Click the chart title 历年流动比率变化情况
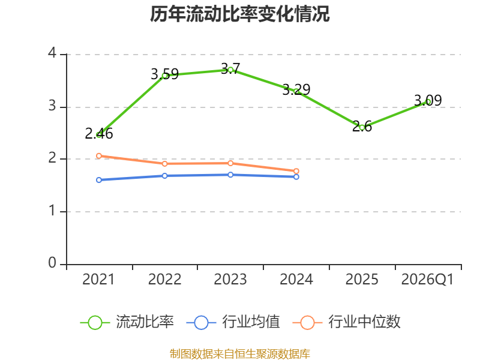click(x=239, y=14)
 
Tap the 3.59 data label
click(x=164, y=74)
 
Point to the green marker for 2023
click(x=230, y=70)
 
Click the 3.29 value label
click(x=296, y=89)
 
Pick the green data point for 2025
click(x=362, y=128)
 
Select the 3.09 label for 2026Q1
click(x=428, y=100)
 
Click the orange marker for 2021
click(x=99, y=156)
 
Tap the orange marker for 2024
click(x=296, y=171)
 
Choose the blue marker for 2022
click(x=164, y=176)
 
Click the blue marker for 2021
click(x=99, y=180)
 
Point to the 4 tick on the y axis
click(x=52, y=53)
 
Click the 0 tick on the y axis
click(x=52, y=263)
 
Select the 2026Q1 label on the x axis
click(x=427, y=280)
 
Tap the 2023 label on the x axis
click(x=230, y=280)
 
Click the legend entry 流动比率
click(x=127, y=322)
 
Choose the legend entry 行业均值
click(x=233, y=322)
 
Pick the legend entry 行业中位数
click(x=347, y=322)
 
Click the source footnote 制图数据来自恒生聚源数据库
click(x=239, y=354)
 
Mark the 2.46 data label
click(x=99, y=134)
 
